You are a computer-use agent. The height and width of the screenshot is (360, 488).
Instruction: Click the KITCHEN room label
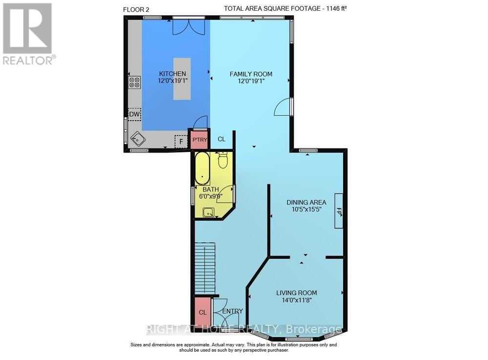click(172, 74)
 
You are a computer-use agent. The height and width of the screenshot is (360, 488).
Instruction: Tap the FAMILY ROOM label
click(251, 74)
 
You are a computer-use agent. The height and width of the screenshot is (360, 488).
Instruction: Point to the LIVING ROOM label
click(296, 293)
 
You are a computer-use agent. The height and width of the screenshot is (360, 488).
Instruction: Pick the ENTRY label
click(232, 311)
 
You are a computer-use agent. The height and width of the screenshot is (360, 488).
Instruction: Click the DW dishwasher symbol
click(134, 115)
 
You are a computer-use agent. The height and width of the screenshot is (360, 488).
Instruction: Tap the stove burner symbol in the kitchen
click(135, 82)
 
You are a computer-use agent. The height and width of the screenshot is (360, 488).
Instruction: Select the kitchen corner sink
click(138, 139)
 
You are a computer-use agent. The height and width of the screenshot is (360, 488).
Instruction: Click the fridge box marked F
click(181, 141)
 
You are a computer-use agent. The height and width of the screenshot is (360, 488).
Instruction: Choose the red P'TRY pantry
click(200, 139)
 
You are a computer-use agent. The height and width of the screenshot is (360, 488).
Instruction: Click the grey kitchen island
click(182, 79)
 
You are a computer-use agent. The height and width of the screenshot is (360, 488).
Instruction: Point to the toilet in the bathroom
click(223, 159)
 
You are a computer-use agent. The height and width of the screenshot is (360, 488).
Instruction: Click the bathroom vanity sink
click(208, 212)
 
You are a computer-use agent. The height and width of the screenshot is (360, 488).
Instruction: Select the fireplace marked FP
click(339, 211)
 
